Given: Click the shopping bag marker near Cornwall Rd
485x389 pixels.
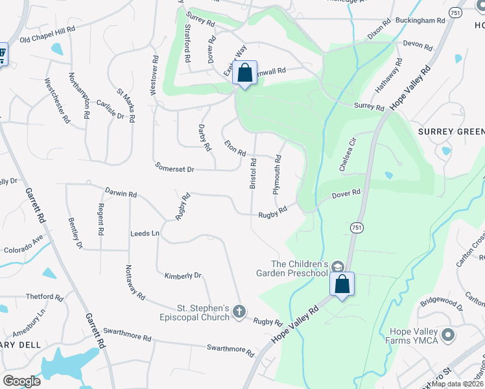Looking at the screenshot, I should click(244, 73).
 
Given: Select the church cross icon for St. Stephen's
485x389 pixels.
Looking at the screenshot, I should click(239, 312).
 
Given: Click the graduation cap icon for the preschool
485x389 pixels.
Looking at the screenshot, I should click(337, 266).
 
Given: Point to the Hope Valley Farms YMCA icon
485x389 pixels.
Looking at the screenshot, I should click(447, 335).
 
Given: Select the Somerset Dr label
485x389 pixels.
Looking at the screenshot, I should click(175, 168).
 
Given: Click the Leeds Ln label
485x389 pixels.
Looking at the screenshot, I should click(145, 233).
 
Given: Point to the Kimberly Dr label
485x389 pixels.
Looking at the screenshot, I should click(183, 276).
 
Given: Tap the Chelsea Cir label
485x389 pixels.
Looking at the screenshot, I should click(348, 154).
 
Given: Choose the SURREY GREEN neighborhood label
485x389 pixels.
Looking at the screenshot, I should click(451, 132).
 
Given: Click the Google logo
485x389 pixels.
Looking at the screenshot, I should click(21, 381).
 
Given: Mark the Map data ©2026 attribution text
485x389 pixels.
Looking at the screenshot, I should click(457, 384).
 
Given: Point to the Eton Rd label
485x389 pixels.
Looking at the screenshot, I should click(235, 148).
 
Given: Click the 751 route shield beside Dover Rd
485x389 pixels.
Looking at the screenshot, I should click(357, 227).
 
